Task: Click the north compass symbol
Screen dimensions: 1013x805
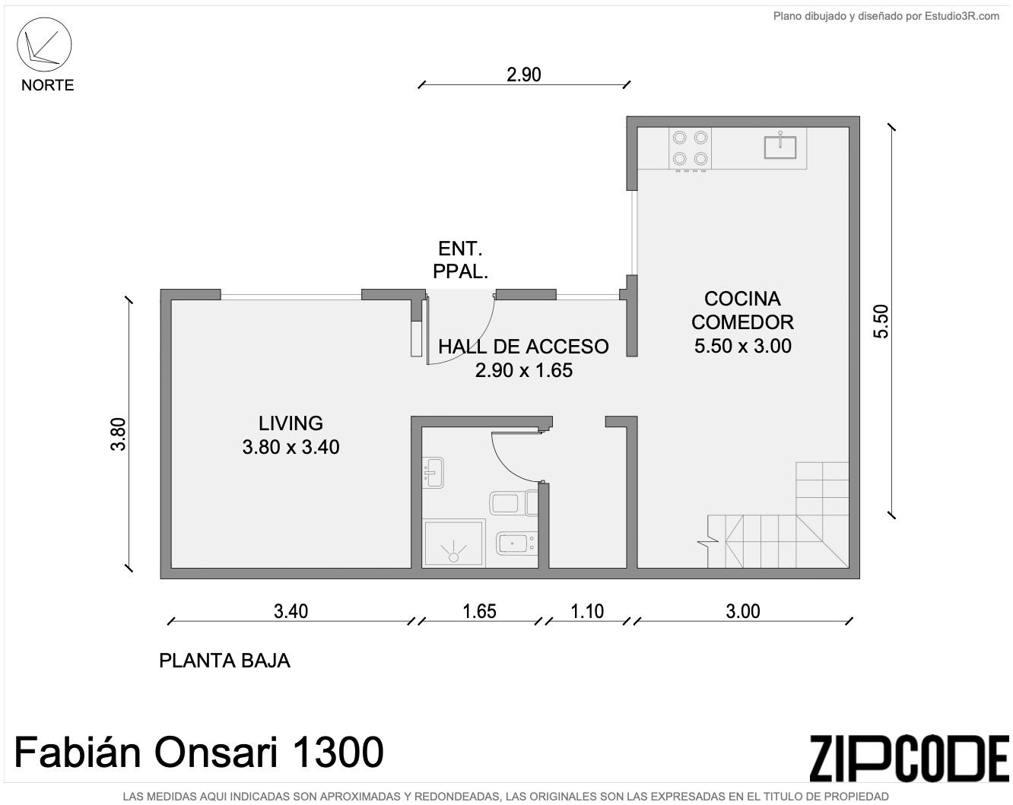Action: tap(44, 45)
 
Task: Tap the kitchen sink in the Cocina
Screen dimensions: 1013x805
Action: tap(780, 146)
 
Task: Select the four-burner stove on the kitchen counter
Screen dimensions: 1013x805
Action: tap(690, 149)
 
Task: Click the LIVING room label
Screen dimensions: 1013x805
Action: tap(291, 423)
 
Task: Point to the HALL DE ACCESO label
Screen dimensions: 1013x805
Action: tap(523, 347)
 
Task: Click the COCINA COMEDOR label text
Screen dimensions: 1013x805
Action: tap(742, 310)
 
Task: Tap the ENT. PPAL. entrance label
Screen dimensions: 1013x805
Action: tap(460, 260)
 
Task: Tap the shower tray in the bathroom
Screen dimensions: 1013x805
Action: tap(454, 544)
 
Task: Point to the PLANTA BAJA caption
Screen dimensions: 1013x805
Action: tap(224, 661)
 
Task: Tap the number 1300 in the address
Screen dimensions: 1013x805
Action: tap(337, 752)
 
